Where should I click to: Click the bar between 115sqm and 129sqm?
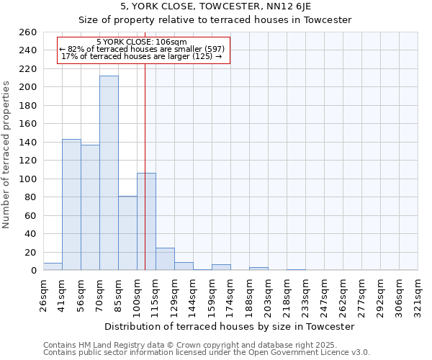click(x=165, y=259)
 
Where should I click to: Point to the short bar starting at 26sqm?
click(x=53, y=267)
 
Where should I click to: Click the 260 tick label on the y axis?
click(x=28, y=32)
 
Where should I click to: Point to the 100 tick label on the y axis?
click(x=28, y=179)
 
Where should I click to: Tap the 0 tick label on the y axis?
click(x=34, y=271)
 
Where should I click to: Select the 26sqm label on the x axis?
click(x=44, y=295)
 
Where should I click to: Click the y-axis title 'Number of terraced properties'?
click(x=8, y=154)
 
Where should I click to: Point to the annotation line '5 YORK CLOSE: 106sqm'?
click(x=141, y=42)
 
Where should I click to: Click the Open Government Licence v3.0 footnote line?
click(x=207, y=353)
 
